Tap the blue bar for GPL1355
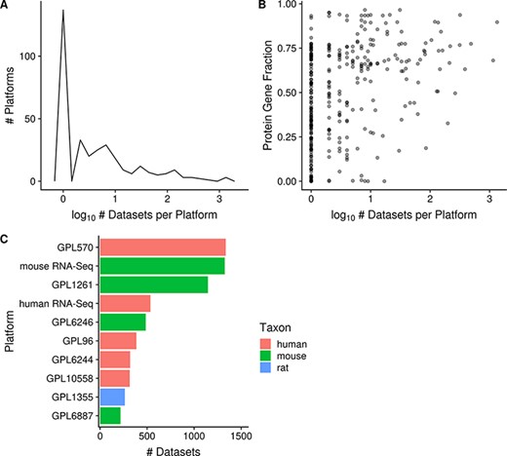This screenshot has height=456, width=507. click(113, 398)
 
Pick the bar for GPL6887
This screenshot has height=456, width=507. click(110, 416)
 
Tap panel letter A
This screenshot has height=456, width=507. click(6, 7)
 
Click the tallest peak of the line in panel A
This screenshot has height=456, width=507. click(63, 11)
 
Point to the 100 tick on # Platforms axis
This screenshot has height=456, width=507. click(33, 57)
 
